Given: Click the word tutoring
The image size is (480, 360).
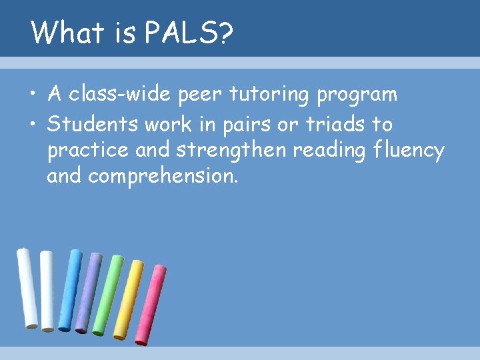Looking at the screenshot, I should point(269,95).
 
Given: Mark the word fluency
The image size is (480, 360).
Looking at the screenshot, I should point(409,151).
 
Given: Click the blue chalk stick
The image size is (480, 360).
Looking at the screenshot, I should point(69,290).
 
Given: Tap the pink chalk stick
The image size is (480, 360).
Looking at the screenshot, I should point(150,304).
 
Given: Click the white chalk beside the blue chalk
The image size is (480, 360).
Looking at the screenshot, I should point(47,290).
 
